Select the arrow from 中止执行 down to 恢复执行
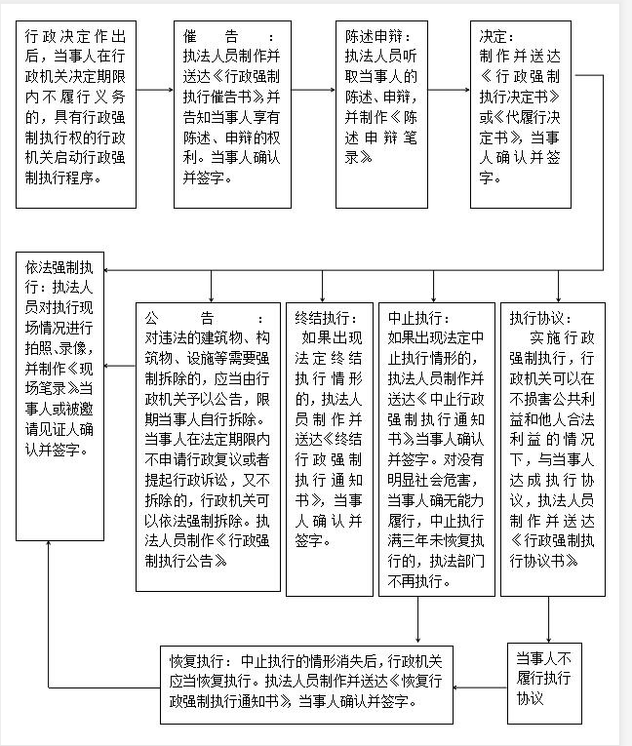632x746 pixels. [x=418, y=620]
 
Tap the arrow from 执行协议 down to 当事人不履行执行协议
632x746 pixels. [x=548, y=618]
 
